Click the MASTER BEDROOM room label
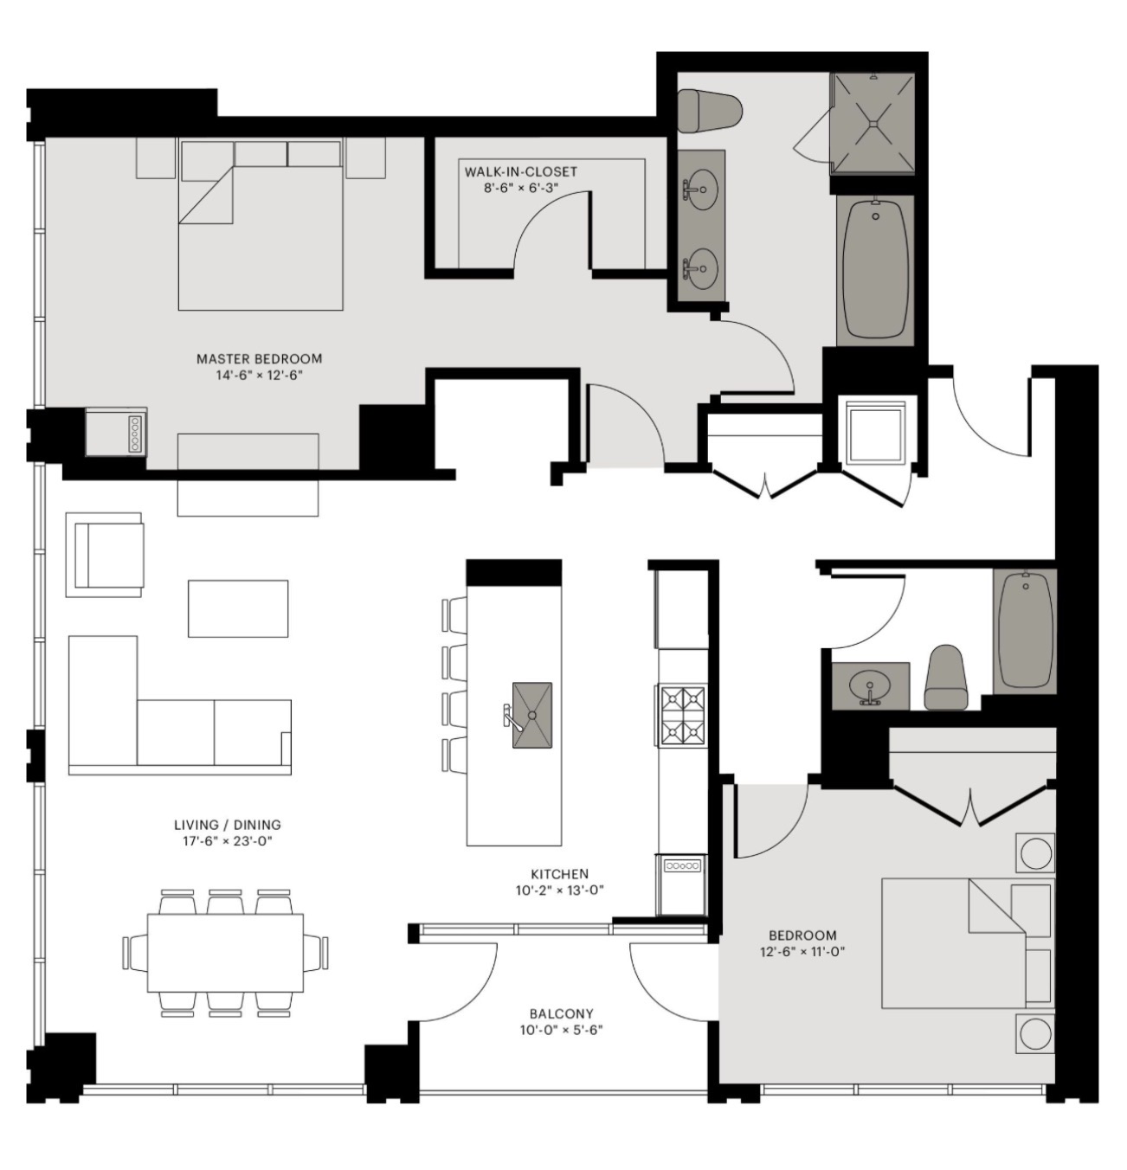259,359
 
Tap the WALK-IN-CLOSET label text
520,172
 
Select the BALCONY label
561,1013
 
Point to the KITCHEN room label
559,873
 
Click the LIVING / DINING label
228,825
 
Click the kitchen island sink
531,715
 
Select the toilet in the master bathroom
710,112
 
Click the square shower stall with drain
872,124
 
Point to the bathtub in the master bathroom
875,270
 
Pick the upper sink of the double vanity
699,190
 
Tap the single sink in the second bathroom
870,686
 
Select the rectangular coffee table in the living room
238,608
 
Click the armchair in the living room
105,555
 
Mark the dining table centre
226,953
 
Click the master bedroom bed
261,226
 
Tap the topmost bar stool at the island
454,614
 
